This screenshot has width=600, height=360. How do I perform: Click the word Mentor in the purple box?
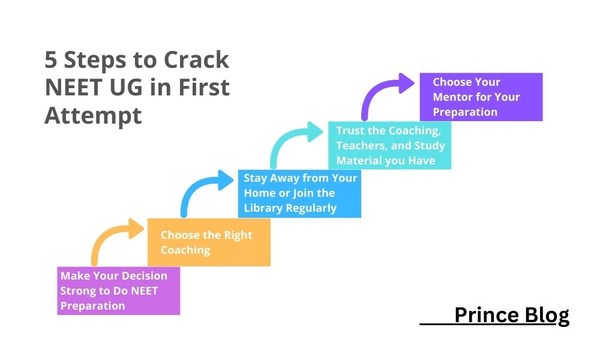click(x=452, y=97)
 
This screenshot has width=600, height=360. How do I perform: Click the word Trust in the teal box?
click(x=350, y=131)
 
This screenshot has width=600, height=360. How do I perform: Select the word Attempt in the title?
click(x=93, y=115)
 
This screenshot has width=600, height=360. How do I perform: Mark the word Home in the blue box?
click(x=259, y=193)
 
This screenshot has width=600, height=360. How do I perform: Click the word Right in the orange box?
click(x=238, y=235)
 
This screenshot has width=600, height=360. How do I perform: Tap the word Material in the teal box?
click(x=359, y=160)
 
